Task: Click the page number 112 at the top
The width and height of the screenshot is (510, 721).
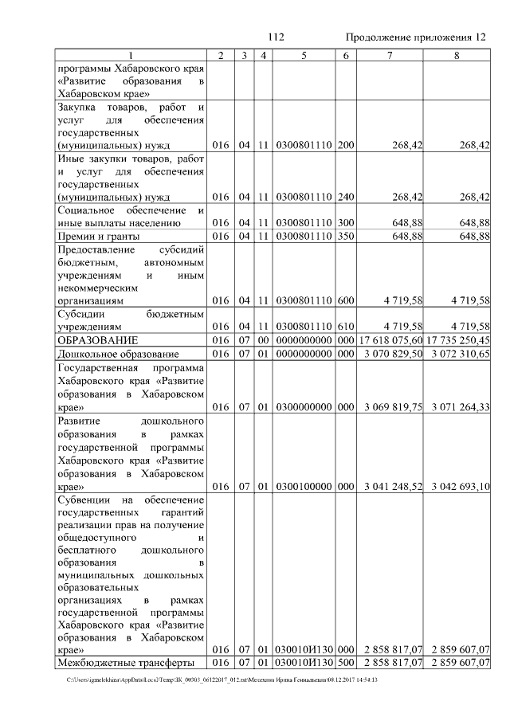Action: coord(277,37)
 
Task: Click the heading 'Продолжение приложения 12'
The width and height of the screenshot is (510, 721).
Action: coord(415,37)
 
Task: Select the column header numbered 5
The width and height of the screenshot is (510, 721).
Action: coord(304,54)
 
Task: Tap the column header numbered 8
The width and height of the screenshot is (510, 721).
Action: coord(456,54)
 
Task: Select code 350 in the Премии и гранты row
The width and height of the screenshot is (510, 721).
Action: coord(345,236)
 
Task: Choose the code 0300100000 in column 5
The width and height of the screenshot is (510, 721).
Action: coord(304,486)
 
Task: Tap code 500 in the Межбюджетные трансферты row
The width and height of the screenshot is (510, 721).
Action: coord(345,663)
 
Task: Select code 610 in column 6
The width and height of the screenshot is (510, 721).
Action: coord(345,327)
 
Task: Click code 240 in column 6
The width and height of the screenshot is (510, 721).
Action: coord(345,196)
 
